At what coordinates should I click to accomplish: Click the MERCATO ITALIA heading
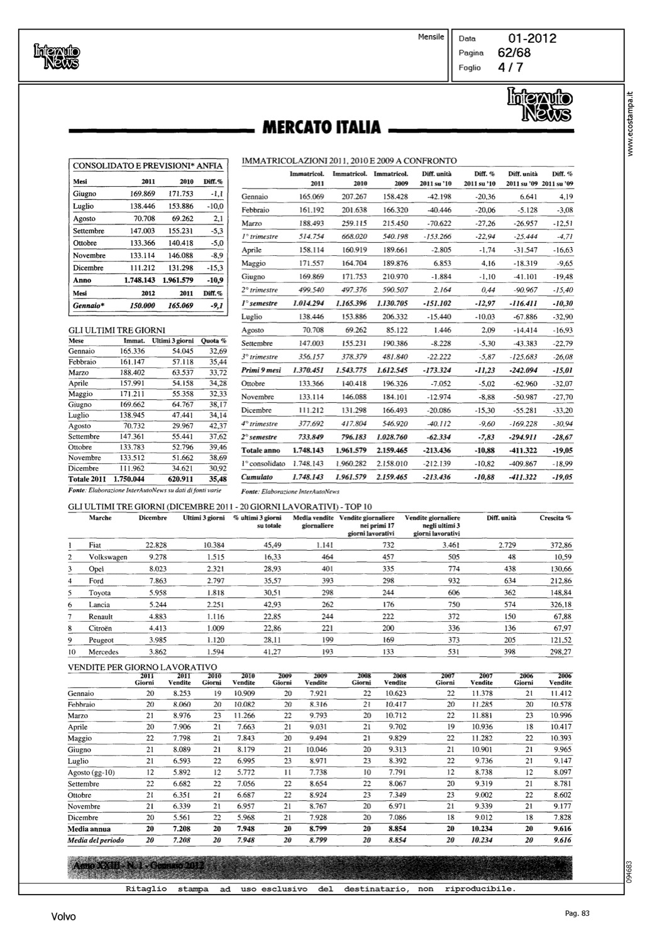point(321,127)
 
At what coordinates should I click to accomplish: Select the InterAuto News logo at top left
point(57,55)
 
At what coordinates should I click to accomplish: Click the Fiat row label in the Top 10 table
point(95,545)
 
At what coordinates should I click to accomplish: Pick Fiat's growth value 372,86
point(559,545)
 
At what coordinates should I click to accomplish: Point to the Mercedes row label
point(104,652)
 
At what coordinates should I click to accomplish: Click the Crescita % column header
point(555,518)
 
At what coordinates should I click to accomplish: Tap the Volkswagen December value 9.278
point(158,557)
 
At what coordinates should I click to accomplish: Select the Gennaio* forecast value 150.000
point(142,306)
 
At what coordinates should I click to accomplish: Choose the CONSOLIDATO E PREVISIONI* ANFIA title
point(148,166)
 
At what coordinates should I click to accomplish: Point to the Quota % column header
point(214,341)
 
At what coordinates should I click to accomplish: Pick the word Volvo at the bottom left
point(63,917)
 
